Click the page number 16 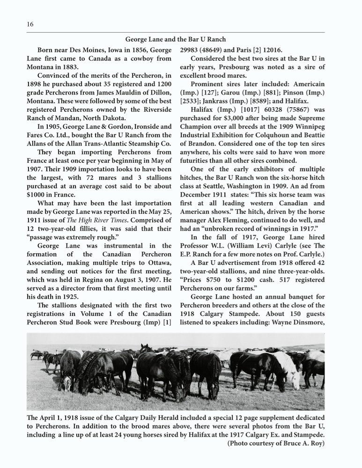[30, 24]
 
